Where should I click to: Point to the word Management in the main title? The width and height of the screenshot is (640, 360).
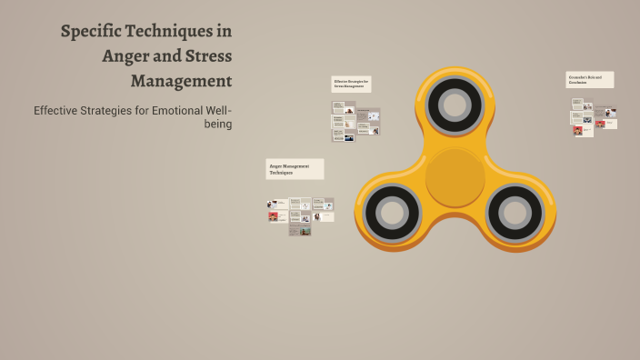(x=181, y=80)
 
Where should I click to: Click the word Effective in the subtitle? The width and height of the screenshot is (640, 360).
(x=56, y=111)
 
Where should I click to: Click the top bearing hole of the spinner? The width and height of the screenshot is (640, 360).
(x=455, y=103)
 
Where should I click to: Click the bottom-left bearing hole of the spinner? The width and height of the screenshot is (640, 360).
(x=392, y=213)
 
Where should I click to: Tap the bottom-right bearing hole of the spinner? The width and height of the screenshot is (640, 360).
(x=515, y=213)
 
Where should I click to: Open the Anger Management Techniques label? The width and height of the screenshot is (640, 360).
(x=295, y=169)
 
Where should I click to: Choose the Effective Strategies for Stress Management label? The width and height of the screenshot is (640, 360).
(x=351, y=85)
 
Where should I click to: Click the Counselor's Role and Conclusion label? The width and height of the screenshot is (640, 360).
(x=589, y=80)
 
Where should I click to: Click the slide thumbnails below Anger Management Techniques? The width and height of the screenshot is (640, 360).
(x=300, y=216)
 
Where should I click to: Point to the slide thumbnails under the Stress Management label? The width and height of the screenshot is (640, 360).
(x=355, y=121)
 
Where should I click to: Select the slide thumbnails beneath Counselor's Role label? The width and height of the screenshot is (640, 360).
(x=594, y=116)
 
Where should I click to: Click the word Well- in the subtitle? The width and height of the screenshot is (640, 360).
(x=219, y=111)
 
